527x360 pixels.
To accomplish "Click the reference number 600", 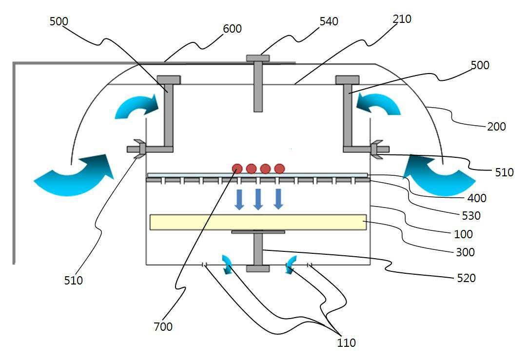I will [233, 29].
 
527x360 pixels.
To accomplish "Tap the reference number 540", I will [329, 21].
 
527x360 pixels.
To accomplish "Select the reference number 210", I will [402, 19].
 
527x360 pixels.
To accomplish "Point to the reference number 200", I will [496, 127].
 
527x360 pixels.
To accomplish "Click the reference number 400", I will [477, 198].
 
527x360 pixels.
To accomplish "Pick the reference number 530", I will [471, 215].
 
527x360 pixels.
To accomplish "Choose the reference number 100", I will [463, 234].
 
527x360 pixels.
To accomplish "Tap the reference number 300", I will [465, 252].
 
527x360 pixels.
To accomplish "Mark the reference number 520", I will [467, 278].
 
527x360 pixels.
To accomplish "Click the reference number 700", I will [163, 326].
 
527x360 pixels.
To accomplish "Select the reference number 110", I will [346, 343].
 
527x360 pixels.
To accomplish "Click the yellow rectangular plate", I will [258, 222].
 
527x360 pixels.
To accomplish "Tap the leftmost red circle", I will [237, 169].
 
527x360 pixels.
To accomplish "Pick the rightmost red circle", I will [279, 169].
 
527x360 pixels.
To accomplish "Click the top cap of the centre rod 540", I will [258, 58].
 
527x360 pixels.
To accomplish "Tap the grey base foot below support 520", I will [258, 269].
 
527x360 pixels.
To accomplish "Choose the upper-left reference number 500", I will [59, 21].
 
